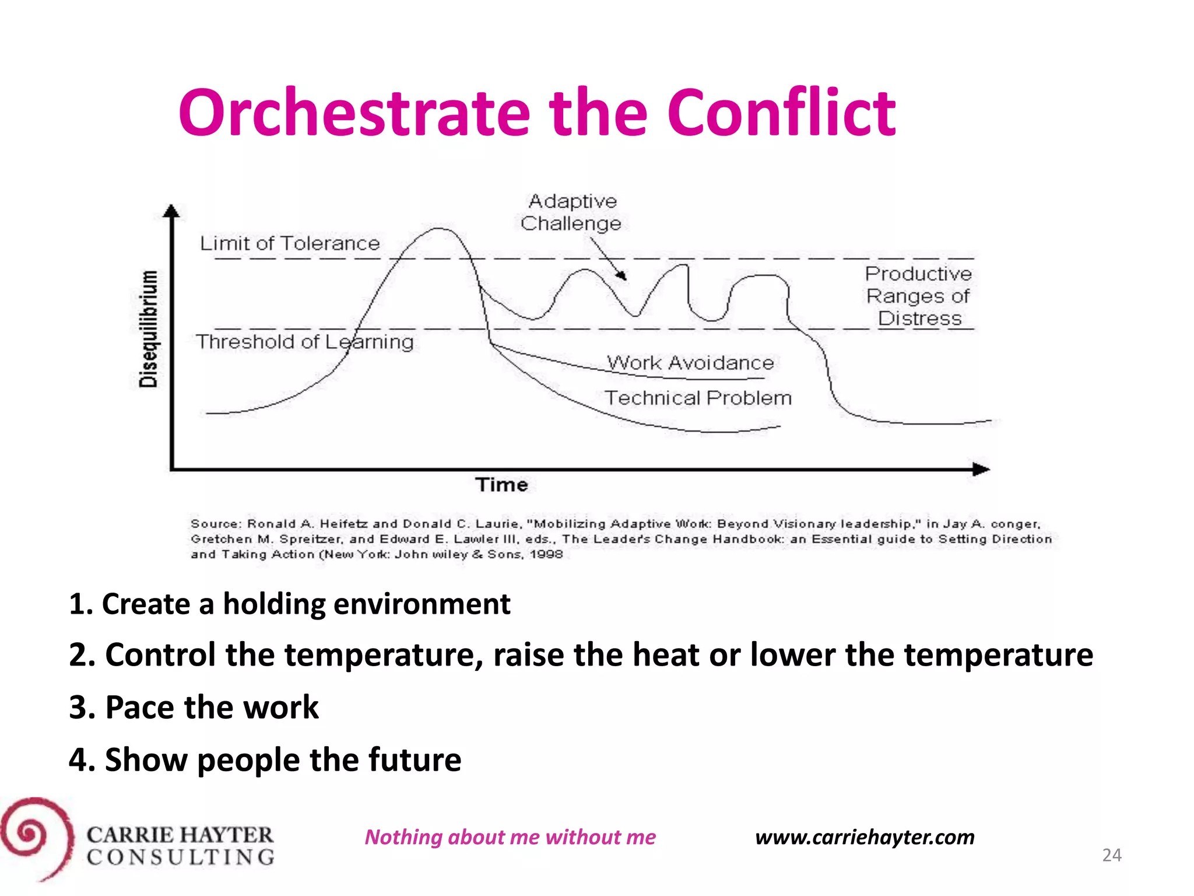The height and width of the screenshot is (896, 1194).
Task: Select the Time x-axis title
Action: (501, 485)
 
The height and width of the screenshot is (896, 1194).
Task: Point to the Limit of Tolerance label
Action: (290, 243)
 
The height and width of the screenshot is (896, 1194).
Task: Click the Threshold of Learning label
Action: (304, 342)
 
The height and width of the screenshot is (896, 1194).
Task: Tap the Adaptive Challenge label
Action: (571, 212)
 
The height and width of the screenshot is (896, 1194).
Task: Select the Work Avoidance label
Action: (690, 363)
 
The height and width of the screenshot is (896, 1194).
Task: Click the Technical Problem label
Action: (698, 398)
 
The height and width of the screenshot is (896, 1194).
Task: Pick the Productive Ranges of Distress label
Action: (918, 296)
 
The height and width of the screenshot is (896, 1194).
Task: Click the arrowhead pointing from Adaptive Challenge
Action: (623, 276)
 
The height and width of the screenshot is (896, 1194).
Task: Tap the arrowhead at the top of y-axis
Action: (171, 211)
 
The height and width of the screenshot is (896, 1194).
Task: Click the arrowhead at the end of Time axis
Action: (981, 469)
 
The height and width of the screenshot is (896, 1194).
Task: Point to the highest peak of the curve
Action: (438, 229)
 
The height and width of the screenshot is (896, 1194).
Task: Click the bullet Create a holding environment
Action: (289, 604)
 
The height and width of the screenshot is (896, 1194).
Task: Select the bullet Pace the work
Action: (194, 708)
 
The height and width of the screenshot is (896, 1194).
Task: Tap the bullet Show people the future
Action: (265, 759)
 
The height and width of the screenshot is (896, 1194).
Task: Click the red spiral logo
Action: (36, 838)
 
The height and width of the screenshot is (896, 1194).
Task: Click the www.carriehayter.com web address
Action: (865, 837)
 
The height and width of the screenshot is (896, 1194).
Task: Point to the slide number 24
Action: (1111, 855)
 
